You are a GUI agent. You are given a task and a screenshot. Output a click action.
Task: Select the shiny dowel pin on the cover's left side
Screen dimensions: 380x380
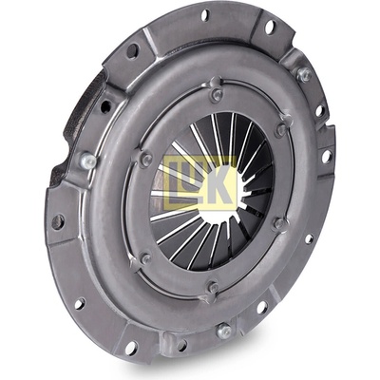point(88,161)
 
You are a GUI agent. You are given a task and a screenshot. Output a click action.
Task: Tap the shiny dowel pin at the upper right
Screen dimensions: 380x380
point(304,75)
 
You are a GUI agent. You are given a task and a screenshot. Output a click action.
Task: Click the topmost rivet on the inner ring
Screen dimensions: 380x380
point(217,94)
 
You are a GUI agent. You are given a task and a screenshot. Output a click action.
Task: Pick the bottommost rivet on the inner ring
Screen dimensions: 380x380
point(214,288)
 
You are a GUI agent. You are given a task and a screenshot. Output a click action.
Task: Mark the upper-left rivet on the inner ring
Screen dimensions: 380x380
point(146,159)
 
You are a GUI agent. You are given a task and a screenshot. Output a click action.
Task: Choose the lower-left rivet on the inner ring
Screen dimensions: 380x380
point(146,259)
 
